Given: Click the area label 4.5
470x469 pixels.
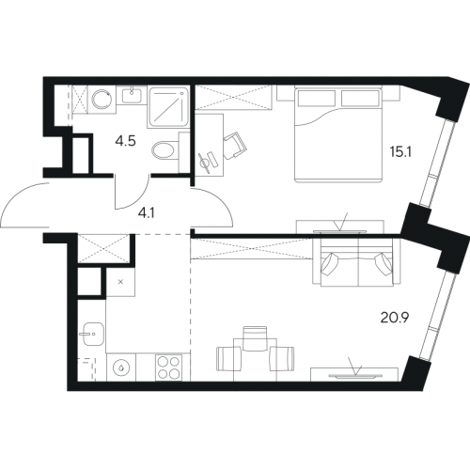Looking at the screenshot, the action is click(x=125, y=142).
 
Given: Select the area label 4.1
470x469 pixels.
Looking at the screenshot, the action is click(x=148, y=214).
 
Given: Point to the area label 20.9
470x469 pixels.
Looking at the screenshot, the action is click(x=395, y=318).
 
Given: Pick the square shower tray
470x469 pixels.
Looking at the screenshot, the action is click(x=168, y=107).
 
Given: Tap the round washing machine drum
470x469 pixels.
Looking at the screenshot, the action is click(x=102, y=99).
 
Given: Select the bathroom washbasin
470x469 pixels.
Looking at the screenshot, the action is click(x=132, y=96).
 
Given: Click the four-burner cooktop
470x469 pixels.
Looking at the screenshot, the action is click(x=169, y=367).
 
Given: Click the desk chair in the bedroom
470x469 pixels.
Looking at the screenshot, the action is click(x=235, y=146).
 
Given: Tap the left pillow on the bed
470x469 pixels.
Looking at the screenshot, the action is click(x=317, y=98).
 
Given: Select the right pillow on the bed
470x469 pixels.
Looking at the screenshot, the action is click(x=360, y=98).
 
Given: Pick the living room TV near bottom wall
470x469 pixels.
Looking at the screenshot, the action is click(x=356, y=375).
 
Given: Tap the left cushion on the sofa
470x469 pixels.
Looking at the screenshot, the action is click(x=331, y=263).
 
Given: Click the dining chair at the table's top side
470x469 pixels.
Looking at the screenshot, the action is click(x=255, y=338).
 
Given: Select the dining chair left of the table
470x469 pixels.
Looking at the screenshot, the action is click(x=228, y=359).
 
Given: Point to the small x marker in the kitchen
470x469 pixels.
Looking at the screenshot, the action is click(x=120, y=282).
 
